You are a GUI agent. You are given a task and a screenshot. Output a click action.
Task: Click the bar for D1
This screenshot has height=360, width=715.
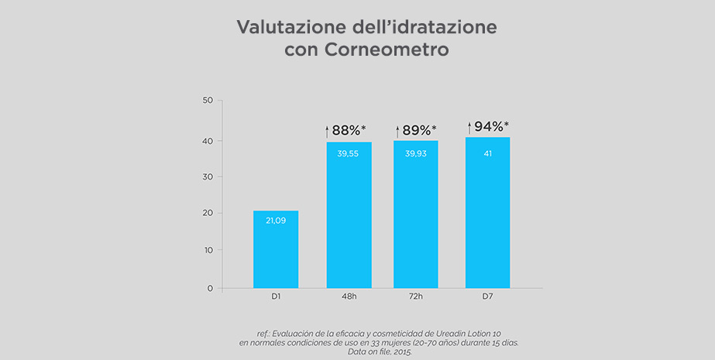tap(276, 249)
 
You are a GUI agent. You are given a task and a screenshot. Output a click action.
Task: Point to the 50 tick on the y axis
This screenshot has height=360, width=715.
tap(208, 101)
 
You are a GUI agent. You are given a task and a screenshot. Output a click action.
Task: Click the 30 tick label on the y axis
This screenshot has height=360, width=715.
tap(208, 177)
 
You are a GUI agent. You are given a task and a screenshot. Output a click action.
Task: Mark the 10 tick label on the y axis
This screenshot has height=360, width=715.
tap(208, 251)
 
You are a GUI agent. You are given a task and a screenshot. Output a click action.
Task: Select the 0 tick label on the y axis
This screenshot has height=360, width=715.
tap(210, 289)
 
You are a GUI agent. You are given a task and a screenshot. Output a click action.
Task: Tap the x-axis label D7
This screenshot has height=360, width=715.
tap(487, 297)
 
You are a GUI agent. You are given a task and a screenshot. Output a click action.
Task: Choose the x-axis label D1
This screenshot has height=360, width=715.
tap(276, 297)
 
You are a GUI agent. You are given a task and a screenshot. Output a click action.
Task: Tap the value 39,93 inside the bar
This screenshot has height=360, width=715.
tap(416, 153)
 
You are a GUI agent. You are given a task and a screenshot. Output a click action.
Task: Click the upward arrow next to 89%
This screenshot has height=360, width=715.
tap(397, 132)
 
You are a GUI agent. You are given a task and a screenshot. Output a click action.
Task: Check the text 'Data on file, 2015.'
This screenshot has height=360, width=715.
tap(379, 351)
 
